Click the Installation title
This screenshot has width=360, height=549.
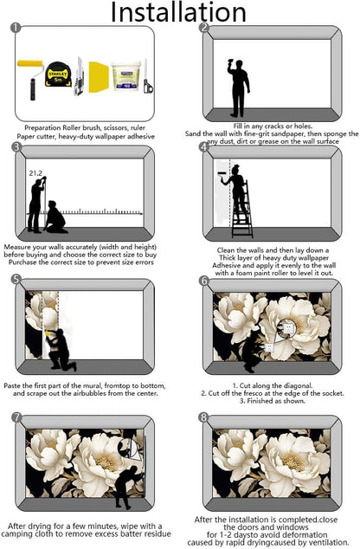coord(178,13)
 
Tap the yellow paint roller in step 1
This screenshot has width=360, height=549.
coord(31,79)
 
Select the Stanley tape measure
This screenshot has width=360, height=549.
coord(58,74)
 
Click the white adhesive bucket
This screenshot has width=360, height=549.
coord(125,76)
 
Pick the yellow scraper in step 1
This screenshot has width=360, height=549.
coord(99,77)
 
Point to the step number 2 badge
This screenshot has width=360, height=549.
coord(204,28)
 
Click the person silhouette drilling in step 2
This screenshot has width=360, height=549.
coord(239,88)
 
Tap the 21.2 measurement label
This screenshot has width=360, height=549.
coord(35,173)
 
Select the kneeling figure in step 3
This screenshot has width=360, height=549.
coord(55,217)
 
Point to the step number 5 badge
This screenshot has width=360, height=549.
coord(16,280)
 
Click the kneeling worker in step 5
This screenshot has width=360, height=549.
coord(61,349)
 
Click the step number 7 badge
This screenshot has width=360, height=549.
coord(16,417)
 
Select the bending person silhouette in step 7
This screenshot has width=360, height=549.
coord(126,487)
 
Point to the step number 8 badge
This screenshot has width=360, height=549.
coord(203,417)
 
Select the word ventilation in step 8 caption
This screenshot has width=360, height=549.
coord(331,542)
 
